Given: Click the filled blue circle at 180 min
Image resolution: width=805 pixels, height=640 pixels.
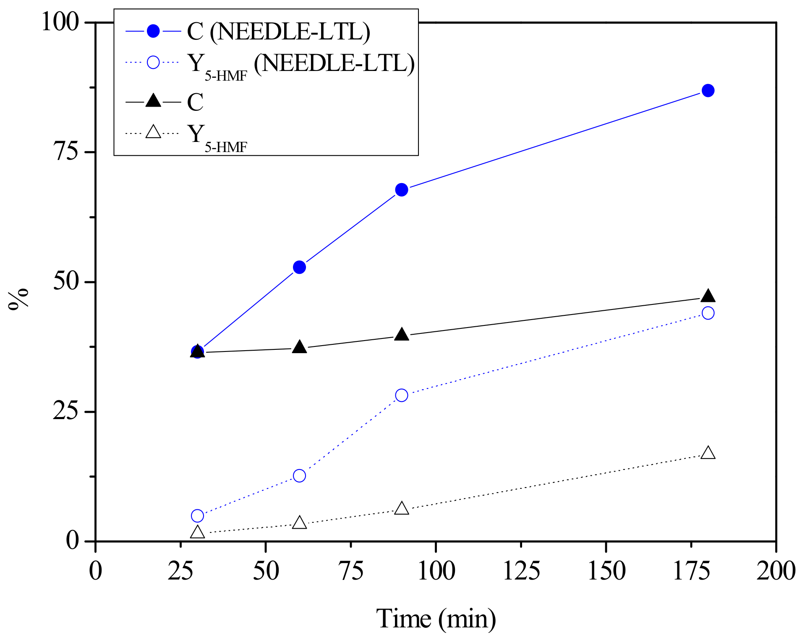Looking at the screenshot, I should (708, 91).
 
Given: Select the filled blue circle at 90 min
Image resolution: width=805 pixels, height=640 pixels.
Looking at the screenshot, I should (402, 190).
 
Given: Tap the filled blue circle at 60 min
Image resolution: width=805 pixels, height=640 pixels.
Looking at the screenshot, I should (299, 267).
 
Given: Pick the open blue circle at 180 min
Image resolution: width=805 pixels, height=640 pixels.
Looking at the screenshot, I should (708, 313).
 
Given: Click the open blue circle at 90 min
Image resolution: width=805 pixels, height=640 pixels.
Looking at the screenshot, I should (402, 395).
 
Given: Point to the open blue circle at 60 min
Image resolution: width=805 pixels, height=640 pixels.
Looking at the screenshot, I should (299, 476).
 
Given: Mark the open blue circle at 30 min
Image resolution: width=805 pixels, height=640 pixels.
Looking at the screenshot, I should (197, 516).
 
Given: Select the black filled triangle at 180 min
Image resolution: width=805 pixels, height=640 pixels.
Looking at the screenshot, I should (708, 296).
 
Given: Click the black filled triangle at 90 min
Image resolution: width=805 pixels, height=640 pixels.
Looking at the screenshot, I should (402, 335).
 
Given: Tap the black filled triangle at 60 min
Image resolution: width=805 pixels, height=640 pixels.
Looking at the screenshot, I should (299, 347).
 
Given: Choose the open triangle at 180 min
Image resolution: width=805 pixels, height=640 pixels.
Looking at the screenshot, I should (708, 453).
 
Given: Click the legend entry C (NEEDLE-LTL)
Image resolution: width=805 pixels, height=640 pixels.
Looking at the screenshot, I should (278, 31).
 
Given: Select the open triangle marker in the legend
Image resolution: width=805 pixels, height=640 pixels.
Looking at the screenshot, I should (153, 132).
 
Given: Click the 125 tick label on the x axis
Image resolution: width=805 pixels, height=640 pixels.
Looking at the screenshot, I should (521, 571).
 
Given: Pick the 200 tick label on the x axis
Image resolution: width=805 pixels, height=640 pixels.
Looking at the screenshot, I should (776, 571).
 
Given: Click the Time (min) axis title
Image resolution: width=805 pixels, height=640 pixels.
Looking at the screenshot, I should (436, 619).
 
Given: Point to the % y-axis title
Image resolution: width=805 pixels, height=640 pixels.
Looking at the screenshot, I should (19, 299).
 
